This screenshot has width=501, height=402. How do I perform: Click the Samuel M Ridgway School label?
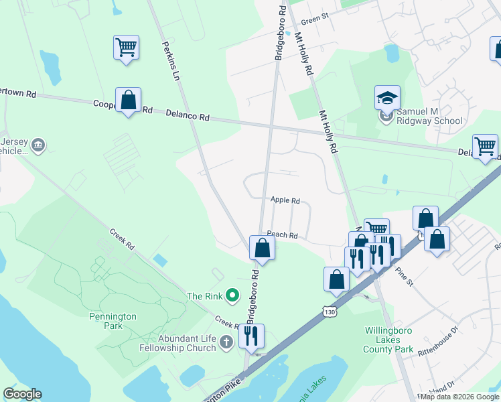tap(430, 116)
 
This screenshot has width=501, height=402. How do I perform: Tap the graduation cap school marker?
tap(387, 98)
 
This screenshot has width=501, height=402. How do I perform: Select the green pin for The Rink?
tap(232, 295)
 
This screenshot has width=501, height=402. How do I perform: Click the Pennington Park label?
tap(113, 321)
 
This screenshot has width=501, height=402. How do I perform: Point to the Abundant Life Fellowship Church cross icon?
tap(226, 342)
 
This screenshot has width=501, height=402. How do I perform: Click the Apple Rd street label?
tap(285, 200)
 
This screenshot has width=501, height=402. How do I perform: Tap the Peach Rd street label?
tap(282, 235)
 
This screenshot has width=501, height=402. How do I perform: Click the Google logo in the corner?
tap(22, 394)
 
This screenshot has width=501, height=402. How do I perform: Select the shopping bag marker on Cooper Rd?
tap(127, 100)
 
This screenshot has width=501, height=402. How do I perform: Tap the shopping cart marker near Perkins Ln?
tap(126, 48)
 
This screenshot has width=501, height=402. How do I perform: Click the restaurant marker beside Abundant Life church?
tap(251, 336)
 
